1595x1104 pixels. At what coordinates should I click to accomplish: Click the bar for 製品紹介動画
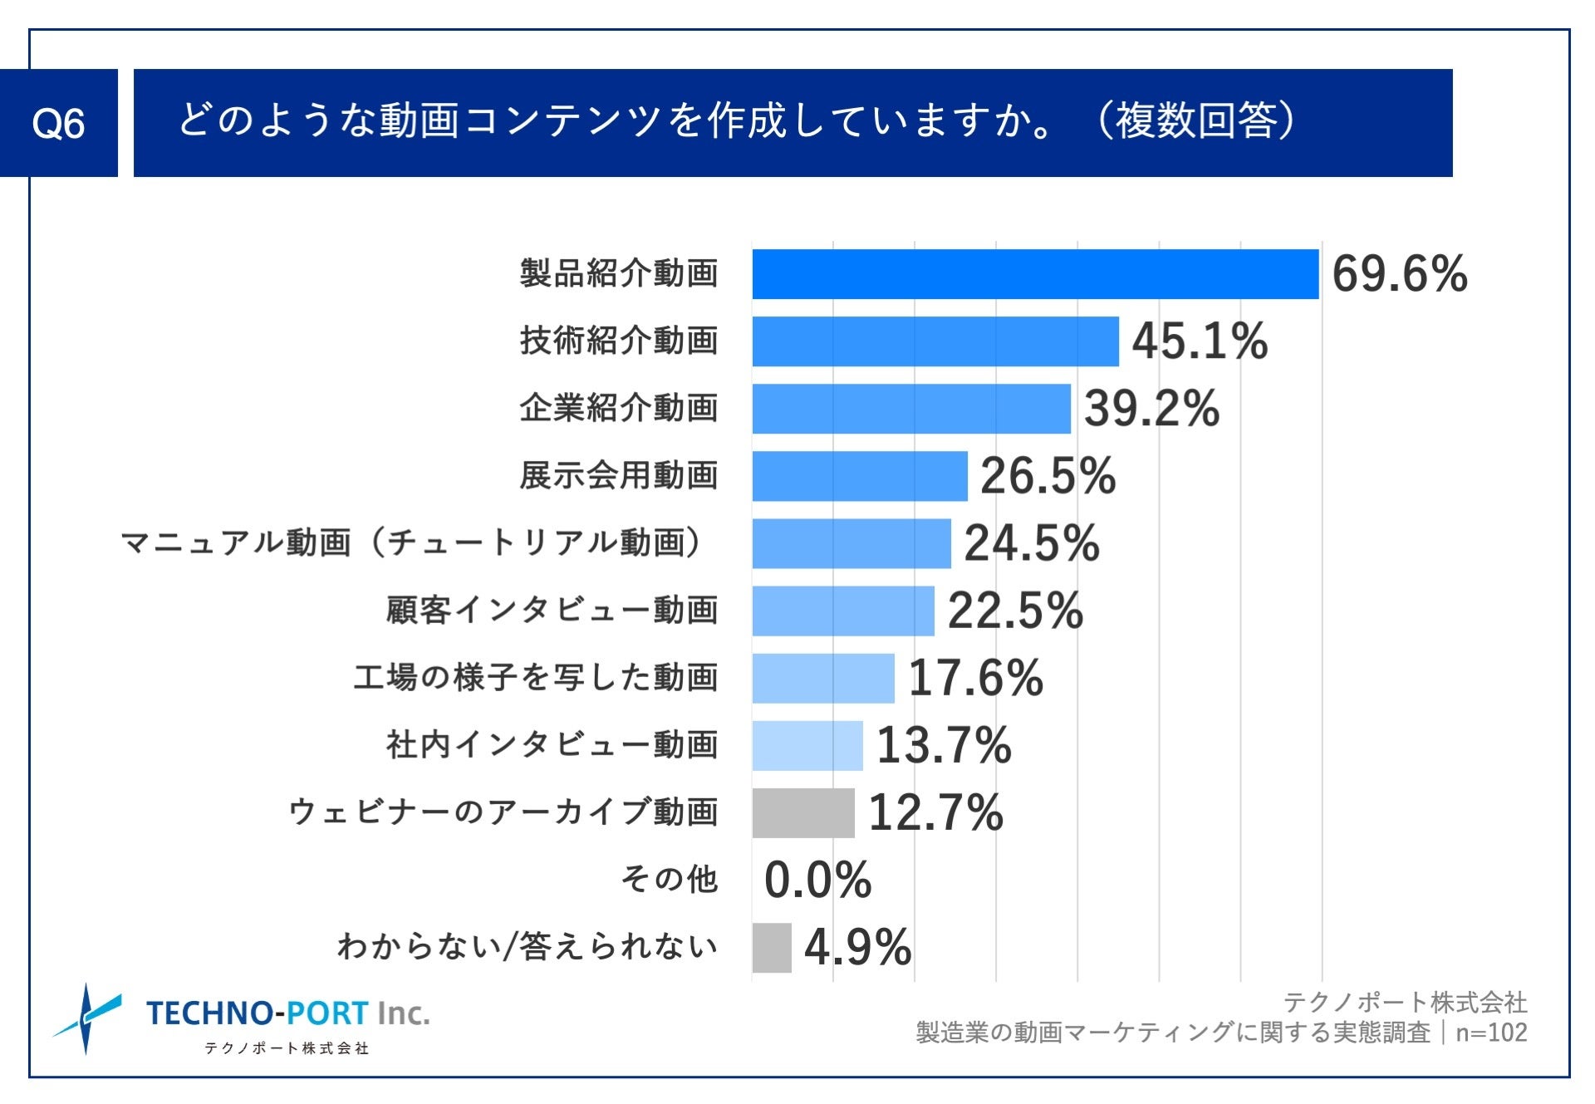1035,274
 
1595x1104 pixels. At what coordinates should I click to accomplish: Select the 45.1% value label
1200,341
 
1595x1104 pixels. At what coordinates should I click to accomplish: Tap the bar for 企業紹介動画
911,409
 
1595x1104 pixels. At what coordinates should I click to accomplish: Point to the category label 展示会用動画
619,476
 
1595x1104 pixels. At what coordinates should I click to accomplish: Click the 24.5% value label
1032,543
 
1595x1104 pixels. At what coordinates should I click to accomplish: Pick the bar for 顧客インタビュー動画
843,611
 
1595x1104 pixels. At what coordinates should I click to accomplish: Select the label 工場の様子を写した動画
536,678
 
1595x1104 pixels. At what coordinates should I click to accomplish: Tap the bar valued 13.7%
807,745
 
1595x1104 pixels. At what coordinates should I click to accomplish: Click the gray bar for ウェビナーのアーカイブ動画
803,812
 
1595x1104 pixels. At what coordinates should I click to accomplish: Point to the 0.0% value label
817,881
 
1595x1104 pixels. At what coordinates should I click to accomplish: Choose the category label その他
670,879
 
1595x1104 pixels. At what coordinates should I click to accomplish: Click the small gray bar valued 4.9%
772,948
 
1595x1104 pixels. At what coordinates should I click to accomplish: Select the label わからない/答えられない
528,947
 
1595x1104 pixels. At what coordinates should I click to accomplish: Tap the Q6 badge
58,123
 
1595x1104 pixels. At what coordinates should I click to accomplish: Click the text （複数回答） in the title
1196,121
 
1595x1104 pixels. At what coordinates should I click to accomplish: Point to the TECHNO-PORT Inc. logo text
287,1013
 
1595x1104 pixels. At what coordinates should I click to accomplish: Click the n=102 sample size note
1491,1033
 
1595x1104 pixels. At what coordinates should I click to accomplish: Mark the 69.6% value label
1400,274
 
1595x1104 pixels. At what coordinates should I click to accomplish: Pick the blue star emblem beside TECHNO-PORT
86,1018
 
